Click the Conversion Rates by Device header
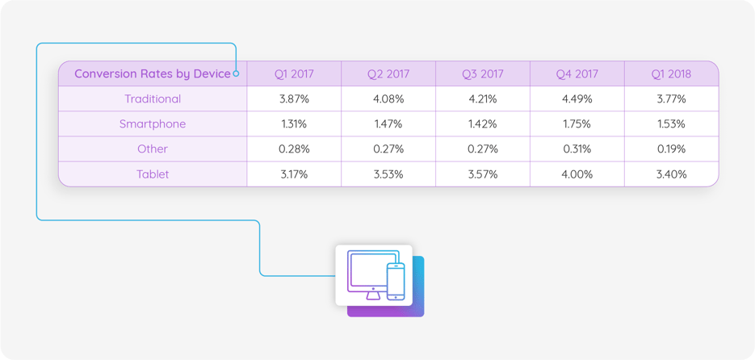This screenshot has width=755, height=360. [152, 73]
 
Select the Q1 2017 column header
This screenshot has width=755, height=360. [294, 73]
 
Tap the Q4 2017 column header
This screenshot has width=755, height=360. [577, 73]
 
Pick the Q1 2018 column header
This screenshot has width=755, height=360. [671, 73]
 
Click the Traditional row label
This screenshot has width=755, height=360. [153, 99]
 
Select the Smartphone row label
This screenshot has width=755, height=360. [153, 124]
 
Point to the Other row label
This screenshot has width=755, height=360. [153, 149]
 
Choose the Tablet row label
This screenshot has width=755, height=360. [153, 174]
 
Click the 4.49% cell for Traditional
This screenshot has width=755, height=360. [577, 99]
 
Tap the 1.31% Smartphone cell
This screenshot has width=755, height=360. [294, 124]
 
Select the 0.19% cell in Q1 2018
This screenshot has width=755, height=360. [671, 149]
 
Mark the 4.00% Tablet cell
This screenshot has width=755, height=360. [577, 174]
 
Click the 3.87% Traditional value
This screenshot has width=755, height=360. [294, 99]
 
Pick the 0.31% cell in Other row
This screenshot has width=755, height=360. [577, 149]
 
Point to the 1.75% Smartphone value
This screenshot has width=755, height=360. [577, 124]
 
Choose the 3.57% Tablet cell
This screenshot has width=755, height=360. [482, 174]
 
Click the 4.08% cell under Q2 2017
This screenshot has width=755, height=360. [388, 99]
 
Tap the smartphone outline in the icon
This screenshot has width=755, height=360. [396, 282]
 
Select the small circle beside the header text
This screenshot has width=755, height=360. [237, 73]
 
